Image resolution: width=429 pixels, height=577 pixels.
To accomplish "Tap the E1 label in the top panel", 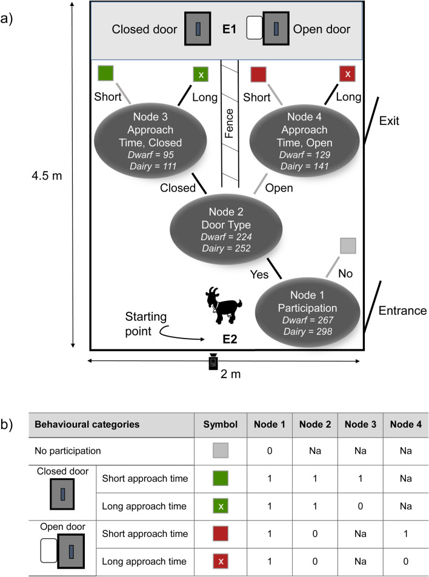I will tap(228, 29).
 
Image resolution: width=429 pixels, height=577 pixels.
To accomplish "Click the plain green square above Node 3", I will tap(105, 75).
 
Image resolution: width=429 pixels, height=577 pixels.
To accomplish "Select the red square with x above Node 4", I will tap(347, 75).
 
